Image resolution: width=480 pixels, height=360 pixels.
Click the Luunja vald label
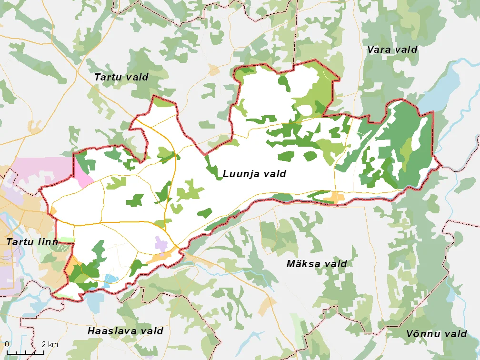point(254,174)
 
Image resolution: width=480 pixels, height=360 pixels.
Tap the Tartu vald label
point(121,77)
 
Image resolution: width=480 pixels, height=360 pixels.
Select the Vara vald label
point(392,50)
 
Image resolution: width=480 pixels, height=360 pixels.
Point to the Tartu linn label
point(32,242)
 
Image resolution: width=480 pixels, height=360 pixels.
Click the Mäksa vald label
point(317,264)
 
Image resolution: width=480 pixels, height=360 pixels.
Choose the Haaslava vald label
point(125,331)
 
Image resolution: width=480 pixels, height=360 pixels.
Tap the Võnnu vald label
point(437,334)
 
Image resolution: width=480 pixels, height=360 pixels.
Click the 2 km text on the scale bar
point(50,344)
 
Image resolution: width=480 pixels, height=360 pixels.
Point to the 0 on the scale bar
point(7,344)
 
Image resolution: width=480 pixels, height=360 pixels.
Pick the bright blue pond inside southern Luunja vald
point(110,279)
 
